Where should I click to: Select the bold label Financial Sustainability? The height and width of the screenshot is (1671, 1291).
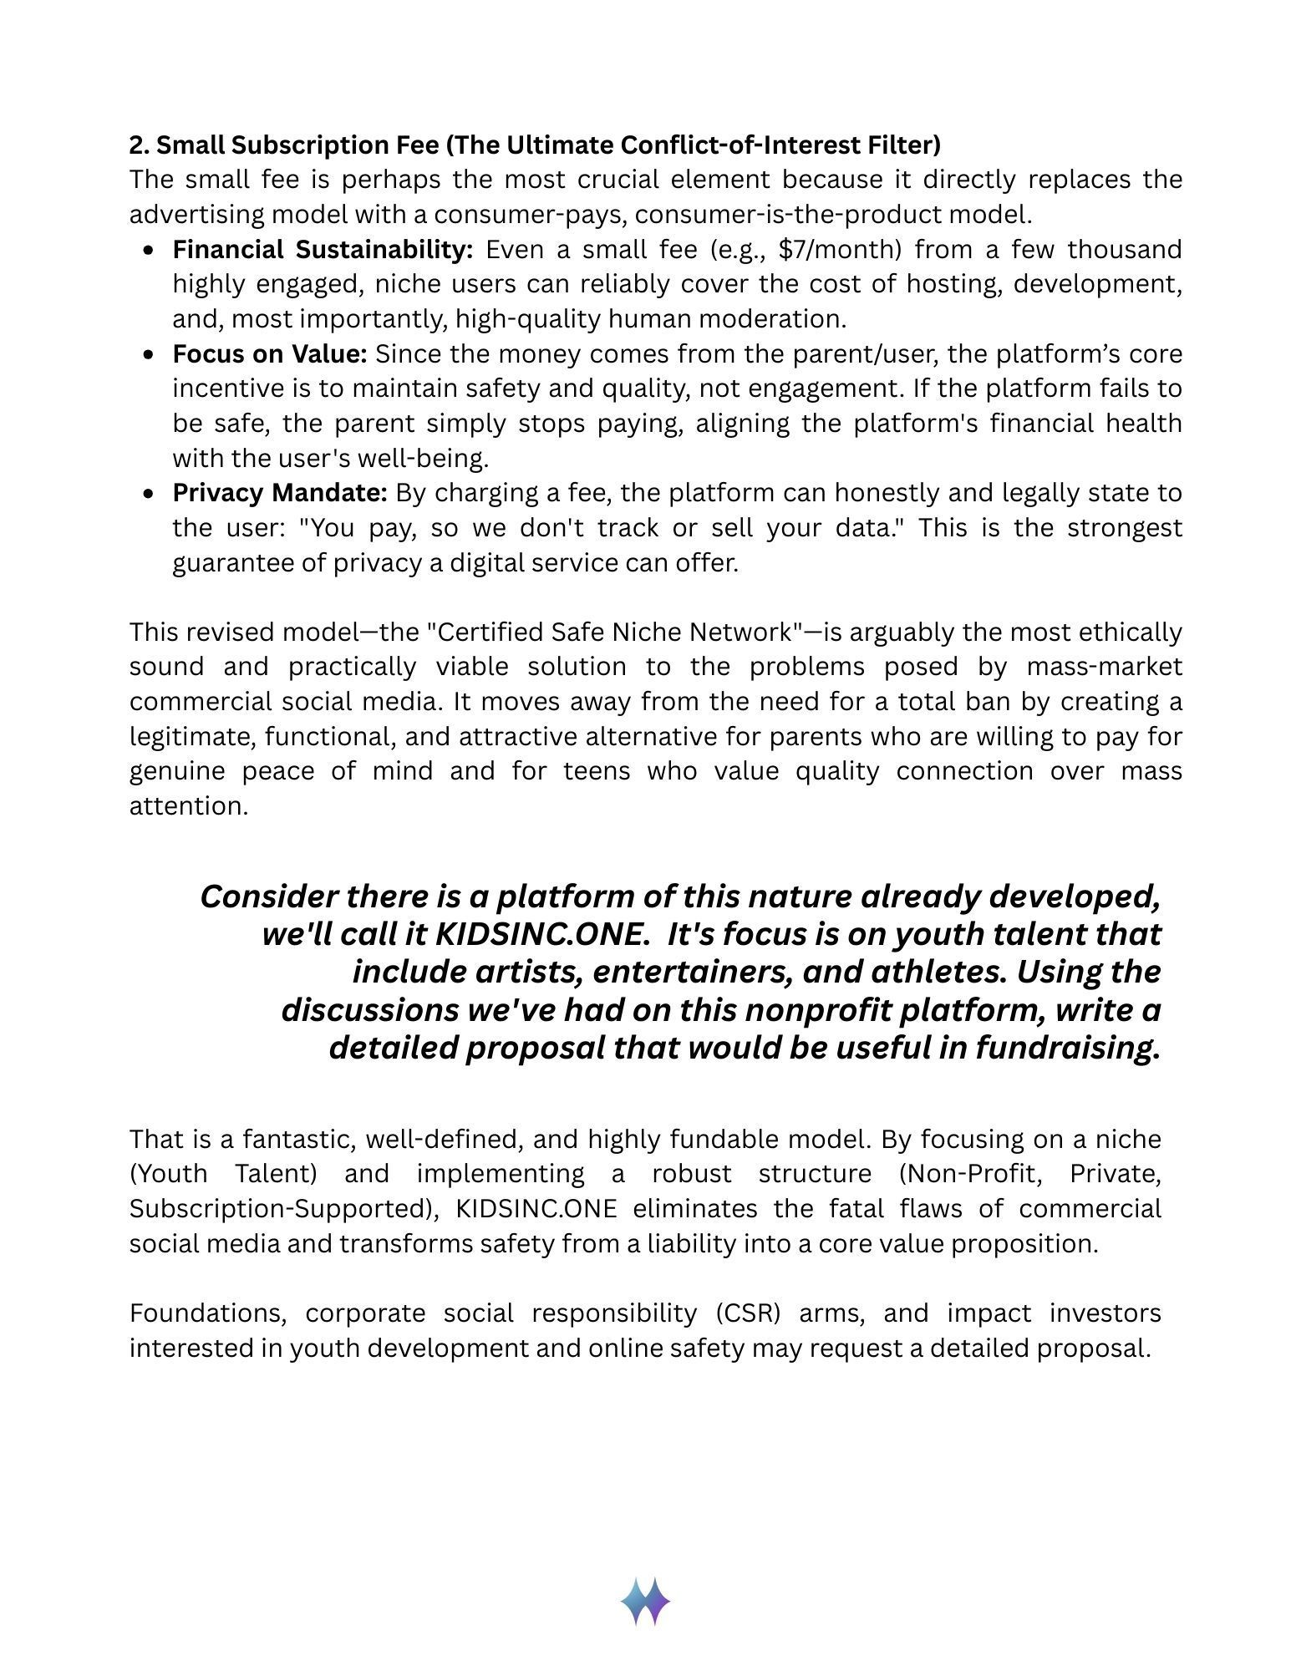[x=323, y=250]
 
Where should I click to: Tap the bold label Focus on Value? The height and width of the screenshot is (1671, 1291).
[x=270, y=354]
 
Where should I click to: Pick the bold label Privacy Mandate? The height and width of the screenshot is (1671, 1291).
[x=280, y=493]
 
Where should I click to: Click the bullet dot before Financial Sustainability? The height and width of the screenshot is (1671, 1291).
[x=149, y=251]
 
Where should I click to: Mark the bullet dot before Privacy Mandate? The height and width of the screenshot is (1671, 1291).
[x=149, y=494]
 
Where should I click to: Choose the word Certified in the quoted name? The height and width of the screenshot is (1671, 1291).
[x=490, y=632]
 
